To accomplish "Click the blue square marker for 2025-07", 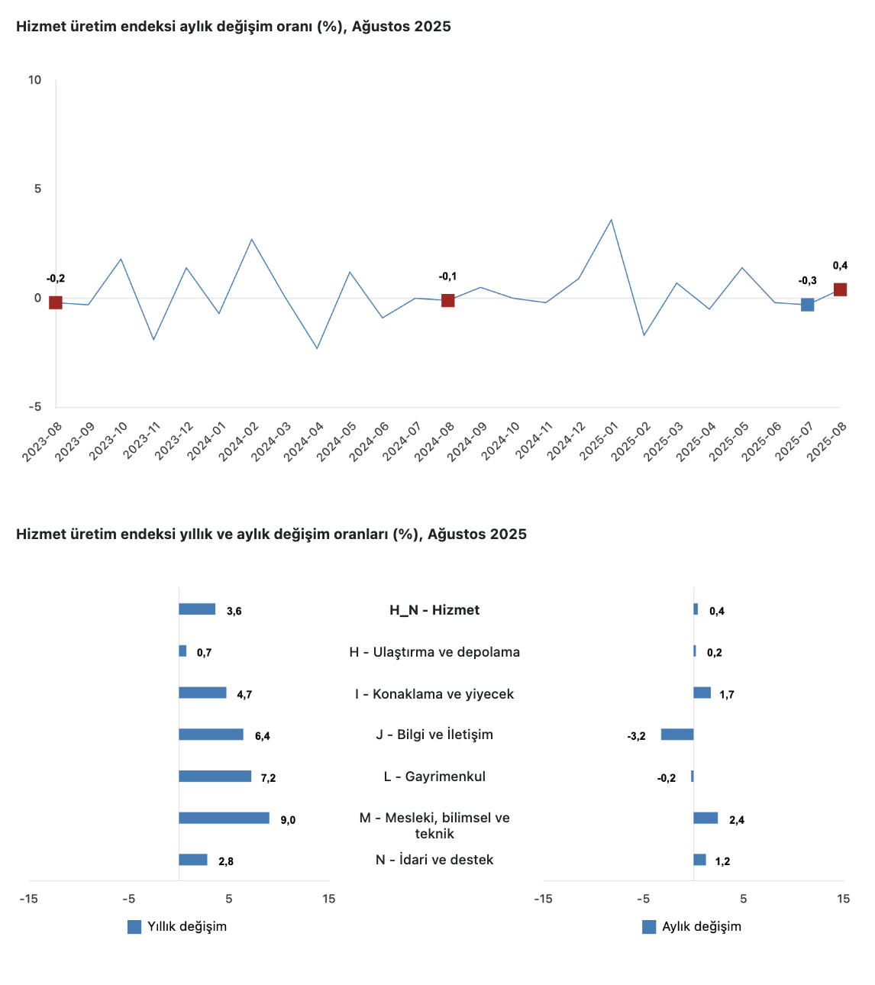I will click(x=807, y=305).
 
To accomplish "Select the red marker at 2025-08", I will click(x=840, y=289).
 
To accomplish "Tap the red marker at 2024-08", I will click(x=447, y=300).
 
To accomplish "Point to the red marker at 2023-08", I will click(x=56, y=302).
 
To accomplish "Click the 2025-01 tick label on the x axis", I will click(x=596, y=442).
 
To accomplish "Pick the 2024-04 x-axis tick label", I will click(x=303, y=442).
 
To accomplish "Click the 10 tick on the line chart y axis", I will click(x=35, y=80).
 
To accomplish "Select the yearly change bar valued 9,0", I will click(x=224, y=818).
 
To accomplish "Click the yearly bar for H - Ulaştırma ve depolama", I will click(x=182, y=651).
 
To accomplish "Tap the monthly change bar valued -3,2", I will click(x=677, y=735).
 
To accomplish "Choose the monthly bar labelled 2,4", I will click(x=705, y=818).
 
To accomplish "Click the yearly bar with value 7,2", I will click(x=215, y=777).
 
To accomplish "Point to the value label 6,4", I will click(x=263, y=736).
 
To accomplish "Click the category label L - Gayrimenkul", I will click(x=434, y=777).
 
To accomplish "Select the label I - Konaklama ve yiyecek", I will click(x=434, y=694).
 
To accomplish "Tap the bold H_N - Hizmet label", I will click(x=434, y=610).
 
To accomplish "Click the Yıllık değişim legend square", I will click(x=134, y=927).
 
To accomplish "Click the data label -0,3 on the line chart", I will click(x=807, y=281).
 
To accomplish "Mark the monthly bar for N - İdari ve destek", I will click(x=699, y=860).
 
